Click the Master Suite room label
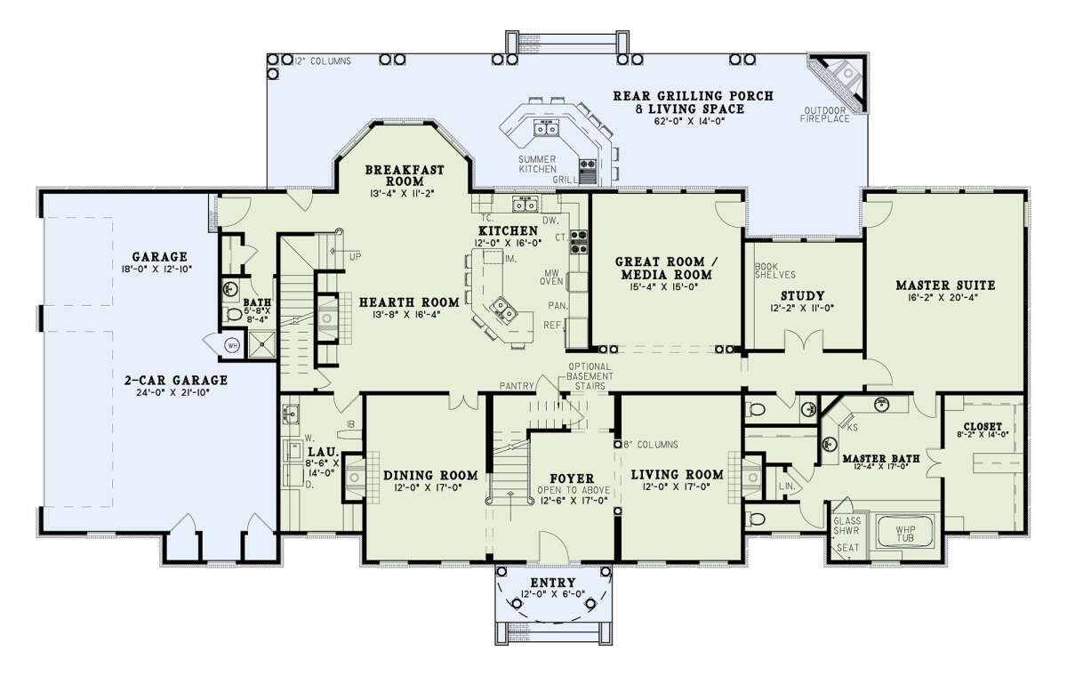point(945,286)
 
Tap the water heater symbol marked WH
point(232,345)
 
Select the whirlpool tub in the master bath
point(905,530)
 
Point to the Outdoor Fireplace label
point(824,115)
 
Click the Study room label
point(803,296)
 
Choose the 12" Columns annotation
point(323,61)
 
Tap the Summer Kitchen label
point(537,165)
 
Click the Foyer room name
point(572,479)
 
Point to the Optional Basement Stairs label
point(590,376)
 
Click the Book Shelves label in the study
point(775,270)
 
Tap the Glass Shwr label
point(846,526)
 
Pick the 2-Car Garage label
point(176,380)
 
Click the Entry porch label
point(553,583)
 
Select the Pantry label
point(517,385)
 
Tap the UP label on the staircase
point(356,257)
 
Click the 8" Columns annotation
point(651,445)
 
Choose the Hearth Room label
point(409,302)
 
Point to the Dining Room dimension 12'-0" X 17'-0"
point(429,487)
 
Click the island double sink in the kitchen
point(504,309)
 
